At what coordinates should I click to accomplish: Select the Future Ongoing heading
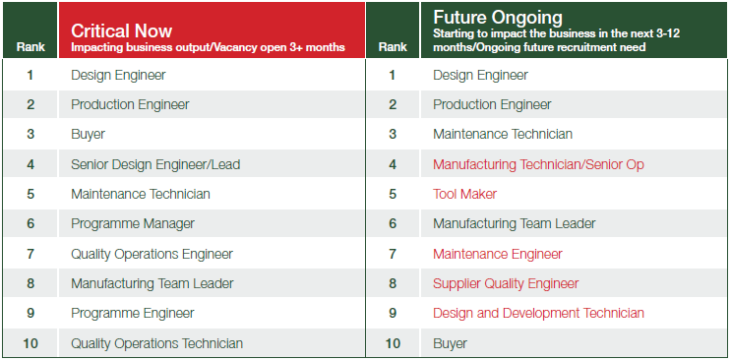click(x=498, y=18)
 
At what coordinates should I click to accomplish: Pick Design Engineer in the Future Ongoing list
click(x=480, y=75)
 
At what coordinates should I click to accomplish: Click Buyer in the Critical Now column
click(x=88, y=134)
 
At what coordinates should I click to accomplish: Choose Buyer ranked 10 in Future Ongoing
click(x=450, y=343)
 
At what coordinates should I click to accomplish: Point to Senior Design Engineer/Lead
click(x=155, y=164)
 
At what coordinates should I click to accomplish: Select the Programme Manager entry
click(x=133, y=223)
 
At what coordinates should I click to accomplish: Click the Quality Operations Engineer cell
click(x=152, y=254)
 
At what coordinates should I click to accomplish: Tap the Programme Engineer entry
click(x=133, y=313)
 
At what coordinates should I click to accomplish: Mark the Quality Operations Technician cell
click(x=156, y=343)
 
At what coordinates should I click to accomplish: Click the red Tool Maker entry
click(x=464, y=194)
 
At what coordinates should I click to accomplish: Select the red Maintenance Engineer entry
click(x=498, y=254)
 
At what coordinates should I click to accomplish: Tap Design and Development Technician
click(x=538, y=313)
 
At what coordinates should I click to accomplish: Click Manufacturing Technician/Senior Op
click(x=538, y=164)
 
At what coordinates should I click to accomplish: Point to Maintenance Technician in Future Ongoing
click(x=502, y=134)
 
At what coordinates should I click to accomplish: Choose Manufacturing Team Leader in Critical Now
click(x=152, y=283)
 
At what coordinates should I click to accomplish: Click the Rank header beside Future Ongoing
click(x=393, y=46)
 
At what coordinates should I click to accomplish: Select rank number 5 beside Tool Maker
click(x=393, y=194)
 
